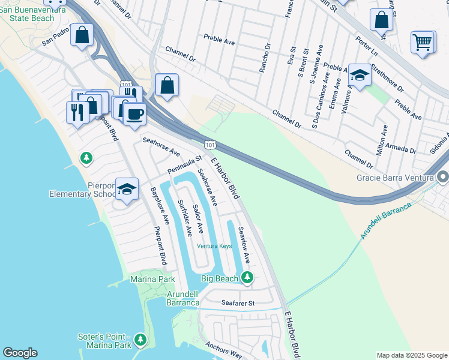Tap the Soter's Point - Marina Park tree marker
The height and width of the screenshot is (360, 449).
[x=140, y=340]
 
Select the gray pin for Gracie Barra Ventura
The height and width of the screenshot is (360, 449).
[x=443, y=178]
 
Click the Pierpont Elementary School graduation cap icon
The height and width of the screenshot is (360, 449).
[x=127, y=190]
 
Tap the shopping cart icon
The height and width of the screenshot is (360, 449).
[x=423, y=43]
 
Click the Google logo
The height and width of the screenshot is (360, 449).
[x=20, y=353]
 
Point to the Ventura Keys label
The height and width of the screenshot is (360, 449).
[x=214, y=246]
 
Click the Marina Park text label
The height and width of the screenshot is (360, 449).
[x=152, y=280]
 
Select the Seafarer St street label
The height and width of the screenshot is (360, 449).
[x=238, y=304]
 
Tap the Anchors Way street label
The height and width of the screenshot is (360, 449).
[x=223, y=350]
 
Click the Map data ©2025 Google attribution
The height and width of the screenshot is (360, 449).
[x=411, y=355]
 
